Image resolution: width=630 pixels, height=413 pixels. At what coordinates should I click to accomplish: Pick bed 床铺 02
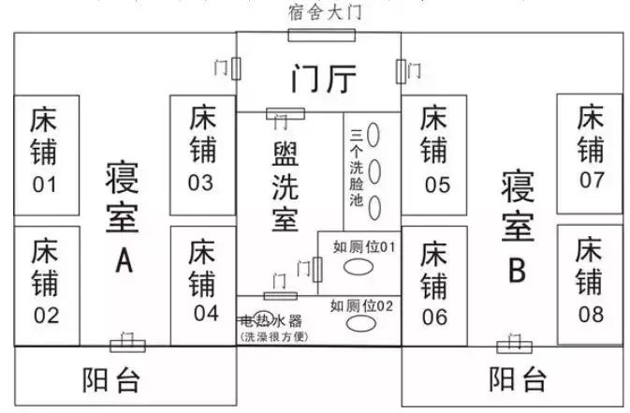pyautogui.click(x=46, y=281)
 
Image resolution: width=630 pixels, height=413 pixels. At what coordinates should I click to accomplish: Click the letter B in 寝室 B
pyautogui.click(x=517, y=272)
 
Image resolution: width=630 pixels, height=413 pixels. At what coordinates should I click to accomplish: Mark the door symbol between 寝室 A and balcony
pyautogui.click(x=127, y=344)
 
